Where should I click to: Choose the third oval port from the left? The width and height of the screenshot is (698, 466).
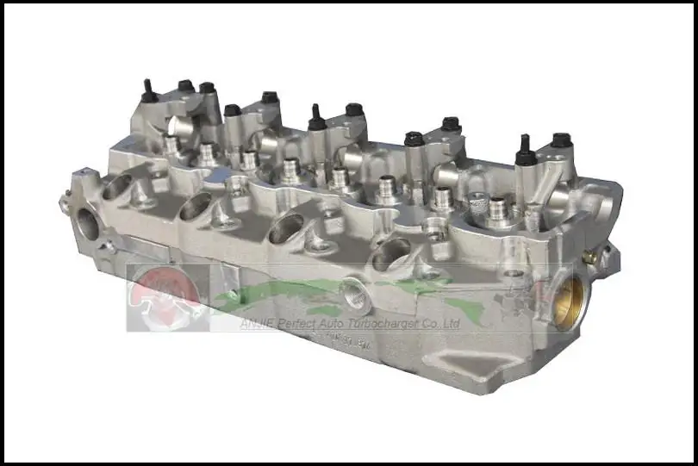coord(286,228)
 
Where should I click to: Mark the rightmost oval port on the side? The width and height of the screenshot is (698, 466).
coord(391,252)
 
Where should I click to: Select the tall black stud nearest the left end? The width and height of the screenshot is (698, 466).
coord(148,90)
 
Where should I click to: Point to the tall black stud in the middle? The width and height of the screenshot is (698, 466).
coord(316,117)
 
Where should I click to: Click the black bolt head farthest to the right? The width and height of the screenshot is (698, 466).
coord(561,140)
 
